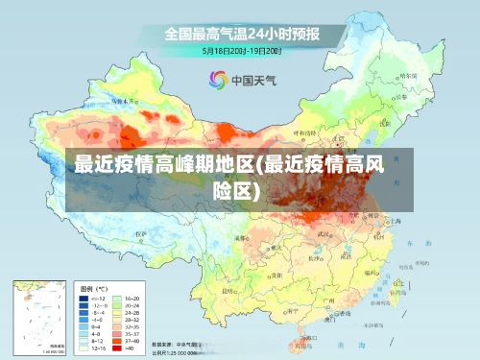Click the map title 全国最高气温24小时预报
(x=240, y=33)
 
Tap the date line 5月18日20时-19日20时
(x=241, y=49)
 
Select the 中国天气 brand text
(x=254, y=80)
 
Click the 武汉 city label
(x=324, y=233)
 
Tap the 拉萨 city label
(x=140, y=233)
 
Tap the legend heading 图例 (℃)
(x=93, y=288)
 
